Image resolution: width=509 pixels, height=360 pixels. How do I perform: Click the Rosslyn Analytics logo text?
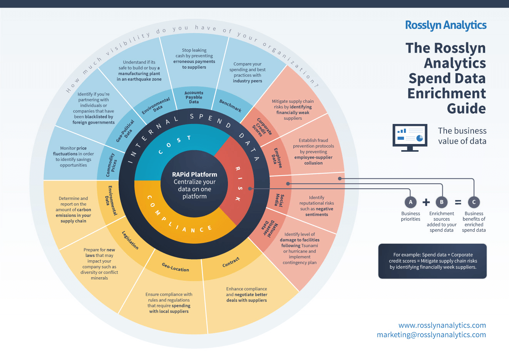click(445, 25)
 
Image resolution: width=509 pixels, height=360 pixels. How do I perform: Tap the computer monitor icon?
click(410, 137)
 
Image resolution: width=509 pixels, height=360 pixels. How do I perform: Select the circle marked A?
click(410, 202)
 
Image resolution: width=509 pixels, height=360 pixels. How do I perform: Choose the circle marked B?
click(442, 202)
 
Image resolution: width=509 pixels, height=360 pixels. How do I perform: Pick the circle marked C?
click(474, 202)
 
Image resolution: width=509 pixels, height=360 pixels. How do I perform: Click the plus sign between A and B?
click(426, 202)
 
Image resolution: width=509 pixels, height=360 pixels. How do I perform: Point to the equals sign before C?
click(458, 202)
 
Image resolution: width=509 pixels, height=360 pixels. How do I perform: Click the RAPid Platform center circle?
click(194, 185)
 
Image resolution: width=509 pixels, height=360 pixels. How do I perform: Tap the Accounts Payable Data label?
click(194, 97)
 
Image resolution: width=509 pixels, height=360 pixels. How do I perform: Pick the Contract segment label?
click(231, 262)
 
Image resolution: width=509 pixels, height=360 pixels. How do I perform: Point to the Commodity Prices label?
click(111, 165)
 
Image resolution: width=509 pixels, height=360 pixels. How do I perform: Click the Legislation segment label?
click(130, 240)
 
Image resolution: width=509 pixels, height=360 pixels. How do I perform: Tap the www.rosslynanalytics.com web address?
click(442, 325)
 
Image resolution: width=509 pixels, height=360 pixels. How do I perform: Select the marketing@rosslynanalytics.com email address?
click(431, 335)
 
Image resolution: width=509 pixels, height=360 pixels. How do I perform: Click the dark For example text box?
click(432, 261)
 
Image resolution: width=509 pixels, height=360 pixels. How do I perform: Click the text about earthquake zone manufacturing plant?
click(139, 70)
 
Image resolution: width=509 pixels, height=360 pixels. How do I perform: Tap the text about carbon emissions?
click(73, 210)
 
